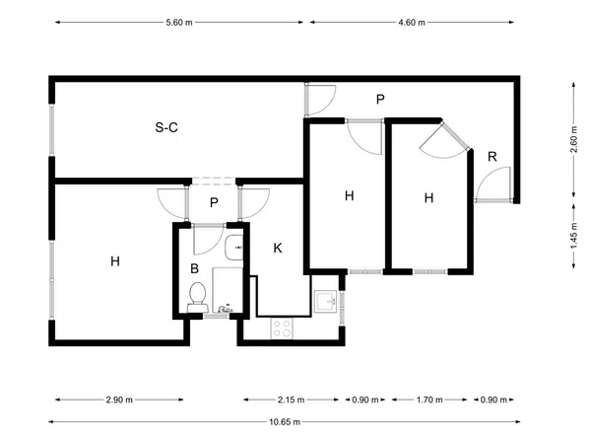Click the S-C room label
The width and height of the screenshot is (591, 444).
tap(166, 127)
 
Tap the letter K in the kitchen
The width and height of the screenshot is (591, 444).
tap(278, 248)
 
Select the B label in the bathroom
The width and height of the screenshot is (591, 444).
tap(194, 268)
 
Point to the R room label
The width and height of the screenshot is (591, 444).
tap(492, 156)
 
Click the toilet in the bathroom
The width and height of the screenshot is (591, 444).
tap(197, 298)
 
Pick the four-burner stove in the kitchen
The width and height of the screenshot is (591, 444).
tap(282, 328)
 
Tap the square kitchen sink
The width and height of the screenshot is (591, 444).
tap(326, 301)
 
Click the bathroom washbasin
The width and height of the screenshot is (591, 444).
tap(234, 248)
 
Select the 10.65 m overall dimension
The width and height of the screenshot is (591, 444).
tap(285, 421)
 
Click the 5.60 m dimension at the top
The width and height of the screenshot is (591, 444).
tap(179, 23)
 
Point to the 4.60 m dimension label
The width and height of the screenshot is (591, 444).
tap(412, 23)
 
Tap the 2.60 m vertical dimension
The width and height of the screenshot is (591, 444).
tap(573, 139)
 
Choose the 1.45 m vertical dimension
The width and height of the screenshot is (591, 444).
tap(573, 236)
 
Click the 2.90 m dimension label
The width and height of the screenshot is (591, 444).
tap(119, 400)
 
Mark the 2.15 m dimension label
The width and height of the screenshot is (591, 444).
tap(291, 400)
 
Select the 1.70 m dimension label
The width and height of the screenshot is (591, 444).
tap(429, 400)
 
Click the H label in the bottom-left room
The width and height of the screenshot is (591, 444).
tap(115, 260)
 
